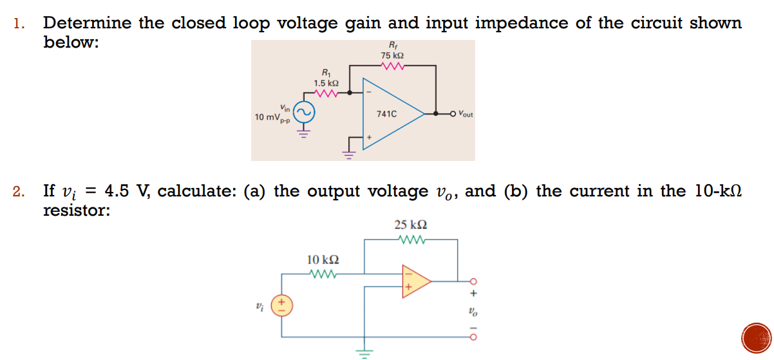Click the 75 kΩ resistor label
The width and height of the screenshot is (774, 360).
pos(393,57)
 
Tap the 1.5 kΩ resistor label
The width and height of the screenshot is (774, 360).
pos(326,83)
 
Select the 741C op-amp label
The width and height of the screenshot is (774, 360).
pos(386,114)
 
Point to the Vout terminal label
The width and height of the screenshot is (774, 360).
pos(464,115)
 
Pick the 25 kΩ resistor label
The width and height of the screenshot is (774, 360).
pos(410,225)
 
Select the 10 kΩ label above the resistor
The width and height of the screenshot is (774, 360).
pos(323,260)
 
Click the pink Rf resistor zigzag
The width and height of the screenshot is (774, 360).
pos(393,66)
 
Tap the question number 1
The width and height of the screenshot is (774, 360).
pos(19,24)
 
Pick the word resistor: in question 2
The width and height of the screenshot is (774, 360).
pos(76,211)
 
